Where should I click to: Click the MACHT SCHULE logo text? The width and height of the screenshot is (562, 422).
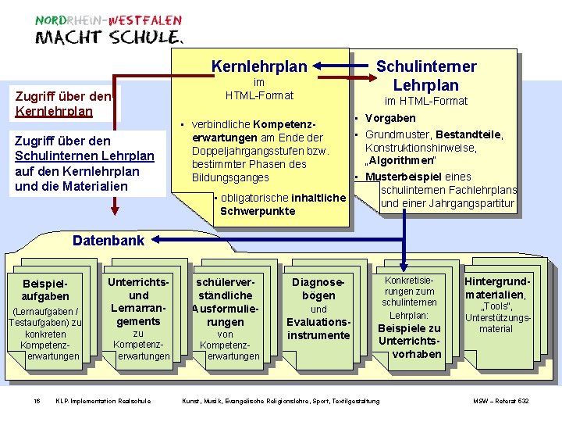click(x=109, y=38)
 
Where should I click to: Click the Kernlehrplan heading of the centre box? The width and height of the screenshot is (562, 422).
click(x=259, y=66)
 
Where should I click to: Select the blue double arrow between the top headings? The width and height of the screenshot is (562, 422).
click(x=343, y=66)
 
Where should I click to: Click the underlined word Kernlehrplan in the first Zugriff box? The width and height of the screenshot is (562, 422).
click(x=54, y=111)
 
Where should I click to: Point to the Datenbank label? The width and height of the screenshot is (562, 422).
click(x=108, y=240)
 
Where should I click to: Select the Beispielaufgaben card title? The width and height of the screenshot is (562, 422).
click(x=45, y=289)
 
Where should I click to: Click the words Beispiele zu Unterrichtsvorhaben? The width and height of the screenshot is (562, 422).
click(x=409, y=341)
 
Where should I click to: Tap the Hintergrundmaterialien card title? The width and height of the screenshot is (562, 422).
click(x=496, y=288)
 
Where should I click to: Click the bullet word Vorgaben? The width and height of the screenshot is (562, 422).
click(x=390, y=118)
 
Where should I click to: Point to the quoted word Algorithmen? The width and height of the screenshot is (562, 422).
click(x=404, y=161)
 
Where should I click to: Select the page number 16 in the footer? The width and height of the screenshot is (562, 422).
click(x=37, y=401)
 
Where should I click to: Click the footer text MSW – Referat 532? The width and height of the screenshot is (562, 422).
click(x=501, y=401)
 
